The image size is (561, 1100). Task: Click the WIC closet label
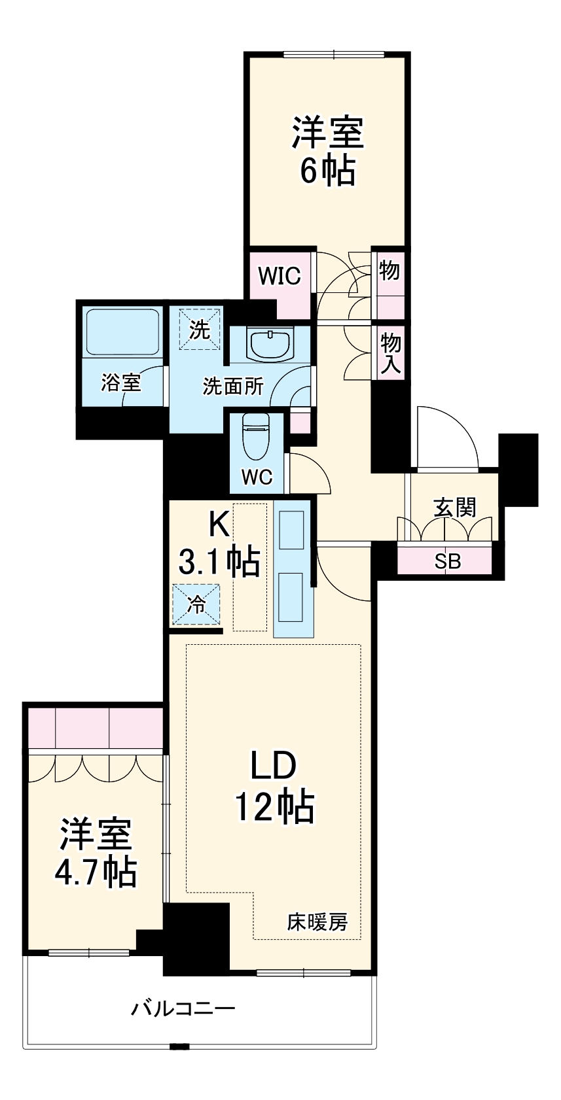click(x=280, y=276)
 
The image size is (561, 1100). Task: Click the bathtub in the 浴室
click(x=122, y=332)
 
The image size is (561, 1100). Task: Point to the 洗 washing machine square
click(x=199, y=330)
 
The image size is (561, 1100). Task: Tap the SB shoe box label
click(x=448, y=561)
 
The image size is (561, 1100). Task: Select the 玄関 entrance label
click(x=455, y=507)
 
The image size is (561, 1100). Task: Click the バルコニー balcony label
click(x=183, y=1008)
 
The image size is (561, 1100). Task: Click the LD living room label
click(x=274, y=766)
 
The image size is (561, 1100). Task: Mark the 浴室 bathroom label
click(x=121, y=383)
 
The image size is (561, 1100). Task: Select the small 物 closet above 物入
click(x=389, y=270)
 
